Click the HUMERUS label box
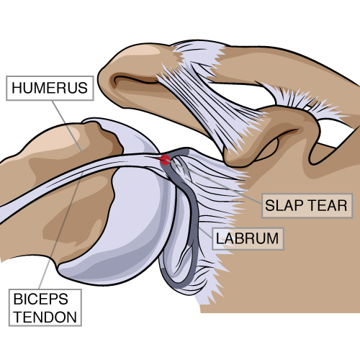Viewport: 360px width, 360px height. pos(50,88)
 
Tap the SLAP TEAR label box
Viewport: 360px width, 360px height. pos(307,206)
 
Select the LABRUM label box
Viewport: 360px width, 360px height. pos(248,238)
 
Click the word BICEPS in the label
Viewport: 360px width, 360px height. pos(41,299)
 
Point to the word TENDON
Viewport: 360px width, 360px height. pos(45,317)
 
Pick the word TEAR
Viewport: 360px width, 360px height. pos(328,206)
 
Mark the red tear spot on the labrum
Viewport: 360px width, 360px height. pos(165,160)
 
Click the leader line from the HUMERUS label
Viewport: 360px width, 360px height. pos(67,125)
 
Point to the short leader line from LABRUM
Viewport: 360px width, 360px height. pos(204,231)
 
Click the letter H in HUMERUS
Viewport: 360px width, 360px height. pos(17,88)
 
